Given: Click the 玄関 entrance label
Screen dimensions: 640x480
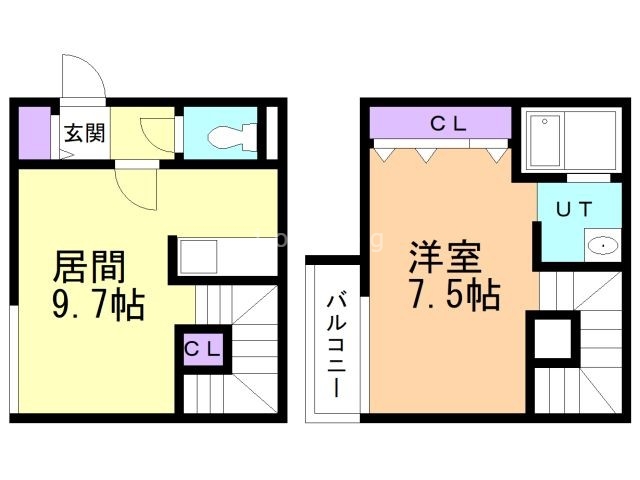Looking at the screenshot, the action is [x=84, y=133].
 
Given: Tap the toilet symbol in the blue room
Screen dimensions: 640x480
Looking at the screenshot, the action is [x=232, y=137].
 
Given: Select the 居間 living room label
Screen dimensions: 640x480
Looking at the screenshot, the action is [x=89, y=267].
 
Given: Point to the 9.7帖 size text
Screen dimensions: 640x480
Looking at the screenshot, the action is [x=98, y=304].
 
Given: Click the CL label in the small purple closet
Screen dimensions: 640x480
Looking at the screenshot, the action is [x=203, y=349].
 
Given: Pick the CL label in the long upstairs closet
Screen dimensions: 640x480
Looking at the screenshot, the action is [x=448, y=124].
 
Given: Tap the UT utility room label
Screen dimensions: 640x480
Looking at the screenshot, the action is [x=574, y=209].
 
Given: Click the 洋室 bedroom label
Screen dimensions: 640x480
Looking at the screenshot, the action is [x=445, y=258].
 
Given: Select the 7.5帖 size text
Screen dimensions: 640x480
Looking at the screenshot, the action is [x=456, y=295].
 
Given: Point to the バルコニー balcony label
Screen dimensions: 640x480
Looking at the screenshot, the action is [x=337, y=343].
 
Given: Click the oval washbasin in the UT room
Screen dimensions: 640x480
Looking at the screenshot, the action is [x=603, y=246].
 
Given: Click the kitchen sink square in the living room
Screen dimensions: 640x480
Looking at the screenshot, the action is [x=198, y=257].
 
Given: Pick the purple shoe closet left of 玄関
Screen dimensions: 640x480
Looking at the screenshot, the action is [x=35, y=133].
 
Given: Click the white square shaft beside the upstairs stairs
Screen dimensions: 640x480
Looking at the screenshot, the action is [x=553, y=339].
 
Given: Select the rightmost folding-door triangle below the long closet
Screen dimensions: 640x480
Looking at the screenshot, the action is [x=497, y=156].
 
